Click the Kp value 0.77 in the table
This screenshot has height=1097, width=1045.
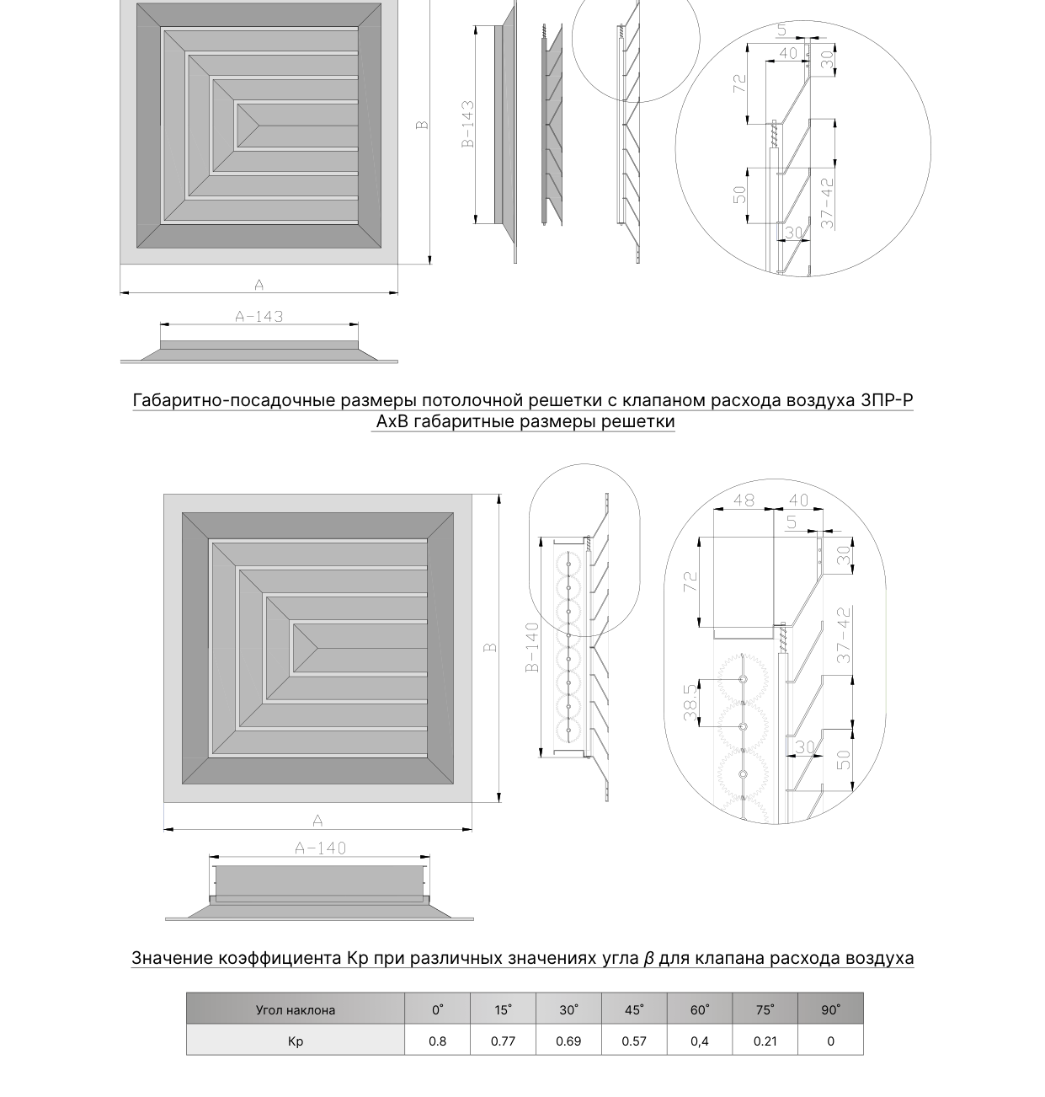pyautogui.click(x=503, y=1041)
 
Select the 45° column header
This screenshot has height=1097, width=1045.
pyautogui.click(x=634, y=1009)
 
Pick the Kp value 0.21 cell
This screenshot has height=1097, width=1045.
pyautogui.click(x=765, y=1041)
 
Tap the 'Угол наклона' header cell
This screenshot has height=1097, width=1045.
pyautogui.click(x=295, y=1010)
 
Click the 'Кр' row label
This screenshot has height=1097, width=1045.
pyautogui.click(x=295, y=1041)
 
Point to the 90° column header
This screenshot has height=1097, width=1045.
pyautogui.click(x=830, y=1009)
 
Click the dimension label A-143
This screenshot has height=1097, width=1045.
pyautogui.click(x=259, y=317)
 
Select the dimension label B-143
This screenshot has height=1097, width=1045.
pyautogui.click(x=467, y=124)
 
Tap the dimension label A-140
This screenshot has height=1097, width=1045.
pyautogui.click(x=320, y=848)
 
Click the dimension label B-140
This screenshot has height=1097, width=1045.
pyautogui.click(x=532, y=647)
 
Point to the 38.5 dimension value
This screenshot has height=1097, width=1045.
pyautogui.click(x=690, y=703)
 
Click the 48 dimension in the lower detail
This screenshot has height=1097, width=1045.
pyautogui.click(x=744, y=500)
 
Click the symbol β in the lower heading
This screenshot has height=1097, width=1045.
pyautogui.click(x=648, y=958)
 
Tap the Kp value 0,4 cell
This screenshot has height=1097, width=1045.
pyautogui.click(x=699, y=1041)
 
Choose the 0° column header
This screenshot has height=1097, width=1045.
pyautogui.click(x=437, y=1009)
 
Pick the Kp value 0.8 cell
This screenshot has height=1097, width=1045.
pyautogui.click(x=437, y=1041)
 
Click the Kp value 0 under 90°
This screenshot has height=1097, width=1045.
pyautogui.click(x=830, y=1041)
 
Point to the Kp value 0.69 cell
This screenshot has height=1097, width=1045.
pyautogui.click(x=568, y=1041)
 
